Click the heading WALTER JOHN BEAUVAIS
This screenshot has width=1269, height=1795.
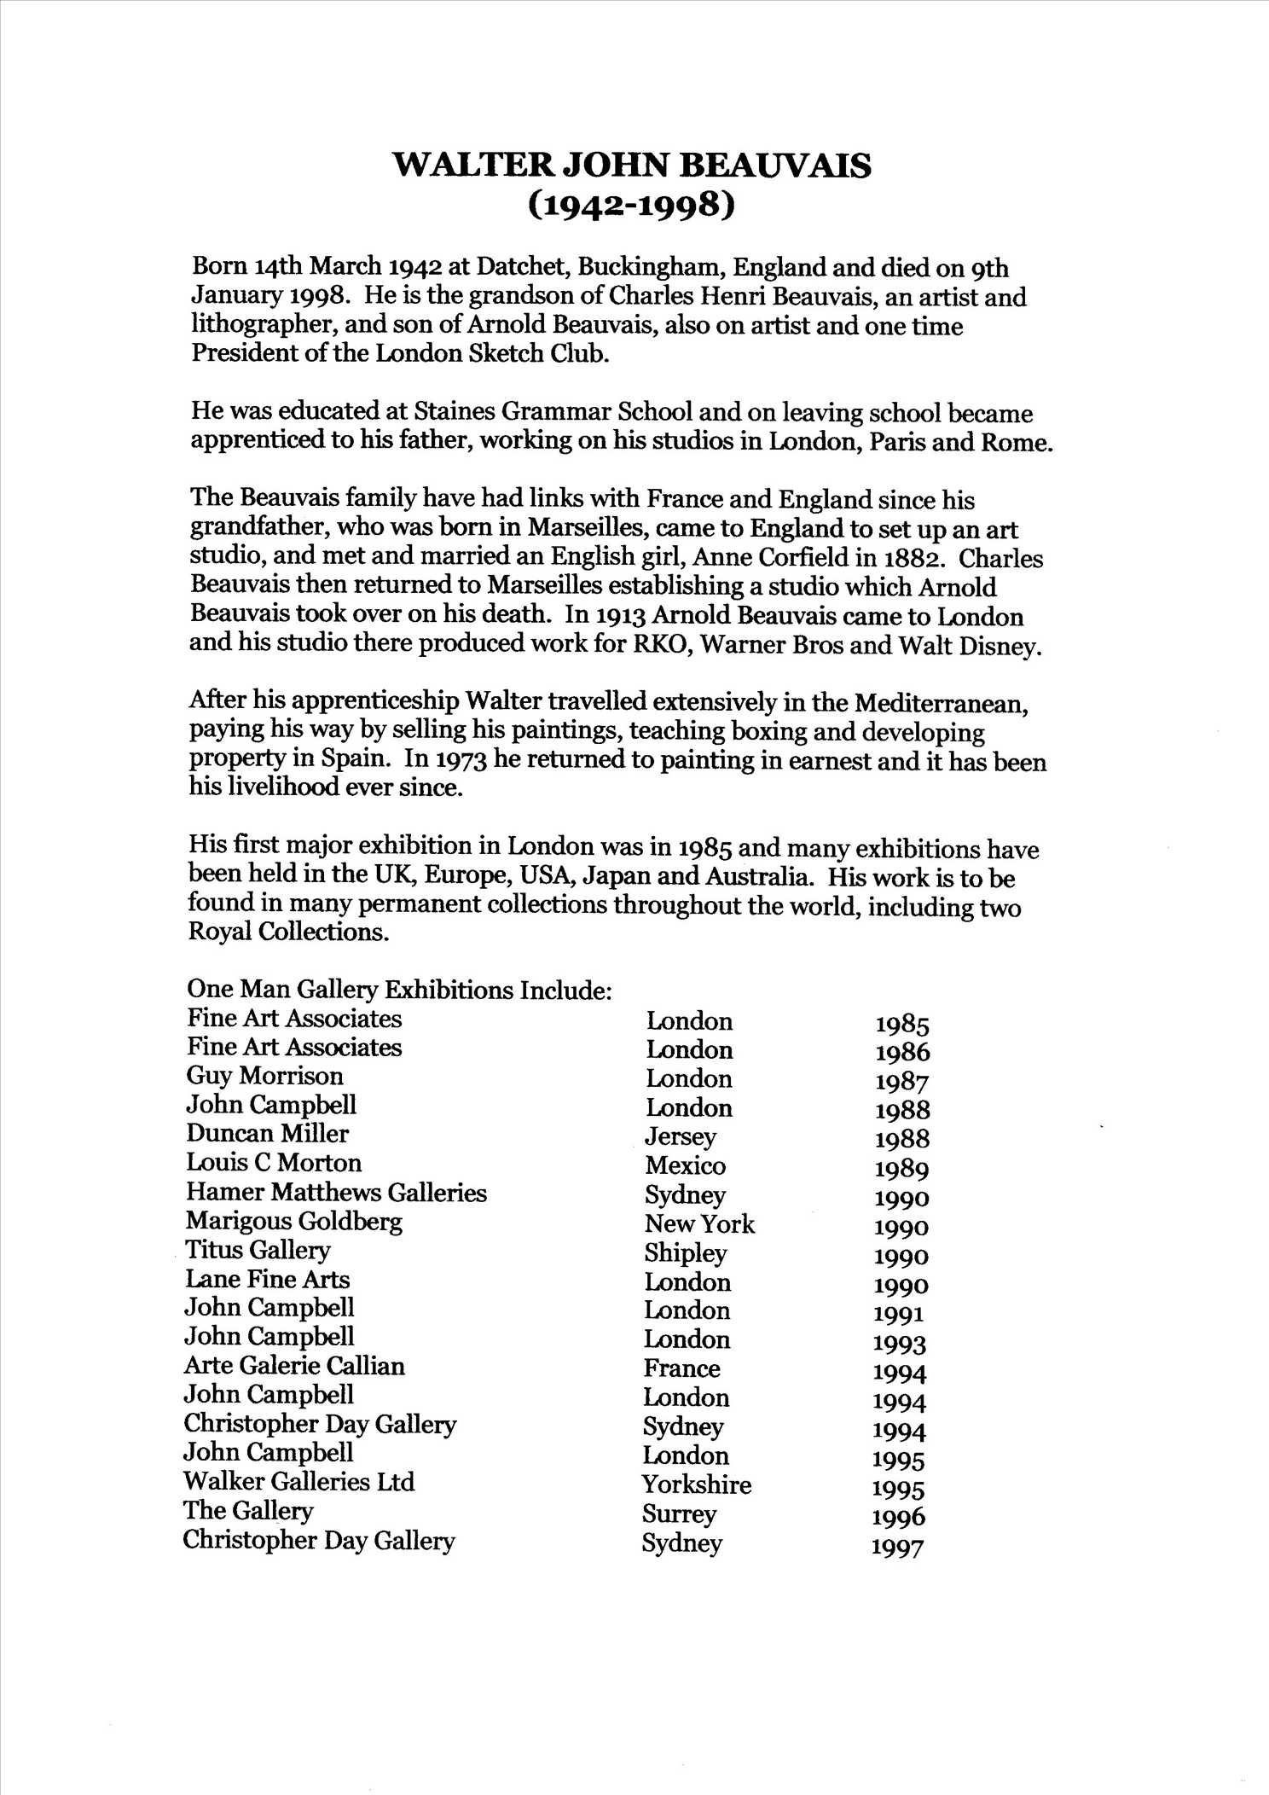pyautogui.click(x=632, y=165)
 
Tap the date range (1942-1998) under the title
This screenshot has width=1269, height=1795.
pyautogui.click(x=631, y=206)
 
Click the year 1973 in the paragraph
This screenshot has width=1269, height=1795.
pyautogui.click(x=461, y=759)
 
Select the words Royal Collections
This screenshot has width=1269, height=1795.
pyautogui.click(x=288, y=932)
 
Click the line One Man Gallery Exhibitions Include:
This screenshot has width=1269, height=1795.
pyautogui.click(x=399, y=990)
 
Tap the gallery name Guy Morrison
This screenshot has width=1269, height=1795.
pyautogui.click(x=264, y=1076)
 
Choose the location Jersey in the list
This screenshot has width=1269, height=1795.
pyautogui.click(x=681, y=1137)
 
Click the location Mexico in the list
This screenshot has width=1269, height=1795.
pyautogui.click(x=685, y=1165)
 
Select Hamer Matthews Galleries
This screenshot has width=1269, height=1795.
pyautogui.click(x=336, y=1192)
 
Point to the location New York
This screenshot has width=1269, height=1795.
pyautogui.click(x=699, y=1224)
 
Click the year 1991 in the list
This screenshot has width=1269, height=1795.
pyautogui.click(x=899, y=1314)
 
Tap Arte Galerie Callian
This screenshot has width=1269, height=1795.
pyautogui.click(x=294, y=1366)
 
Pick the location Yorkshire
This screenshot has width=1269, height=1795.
pyautogui.click(x=697, y=1484)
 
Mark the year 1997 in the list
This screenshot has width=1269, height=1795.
pyautogui.click(x=898, y=1546)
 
